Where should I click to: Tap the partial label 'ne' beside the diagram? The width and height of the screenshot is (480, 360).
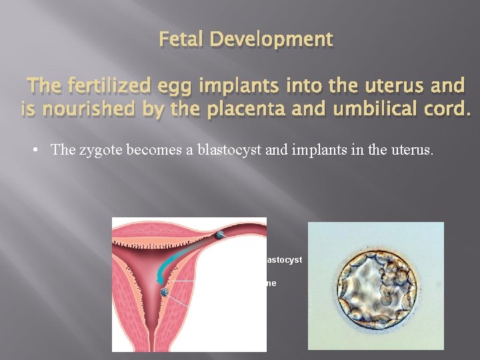tap(271, 283)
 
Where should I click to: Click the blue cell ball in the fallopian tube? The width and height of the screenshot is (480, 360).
tap(219, 235)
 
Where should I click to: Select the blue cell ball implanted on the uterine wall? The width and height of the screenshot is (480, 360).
tap(163, 291)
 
